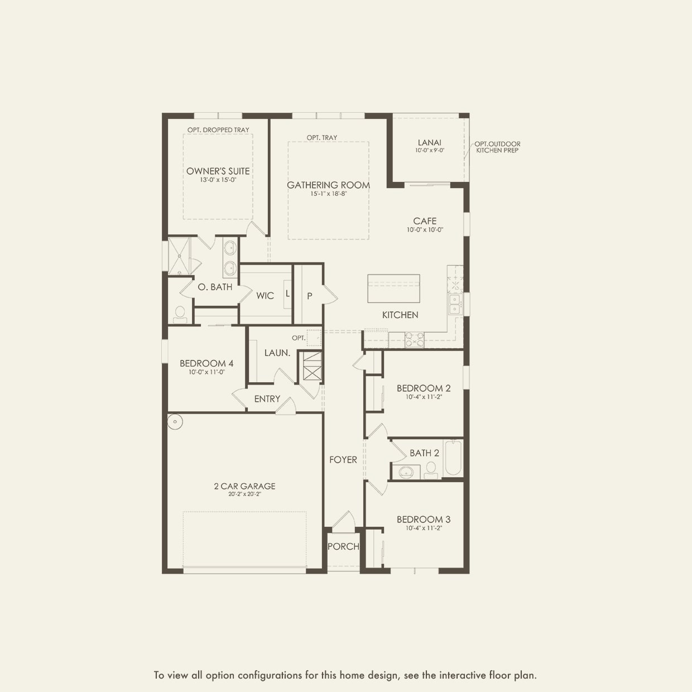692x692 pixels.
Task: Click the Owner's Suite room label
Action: pyautogui.click(x=218, y=171)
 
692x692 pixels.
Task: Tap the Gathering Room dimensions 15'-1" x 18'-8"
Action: pyautogui.click(x=328, y=194)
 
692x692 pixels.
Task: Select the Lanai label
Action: pyautogui.click(x=429, y=143)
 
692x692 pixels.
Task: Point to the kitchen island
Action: pyautogui.click(x=393, y=289)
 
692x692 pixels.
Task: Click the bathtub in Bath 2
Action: pyautogui.click(x=453, y=458)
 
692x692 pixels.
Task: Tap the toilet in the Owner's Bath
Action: pyautogui.click(x=180, y=314)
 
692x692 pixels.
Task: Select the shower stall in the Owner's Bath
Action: pyautogui.click(x=179, y=256)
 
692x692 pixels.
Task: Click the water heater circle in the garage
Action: pyautogui.click(x=175, y=421)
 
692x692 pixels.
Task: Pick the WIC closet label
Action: pyautogui.click(x=265, y=296)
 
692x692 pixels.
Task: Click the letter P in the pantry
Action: pyautogui.click(x=309, y=296)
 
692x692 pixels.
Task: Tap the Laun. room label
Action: pyautogui.click(x=277, y=353)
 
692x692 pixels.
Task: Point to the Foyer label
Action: pyautogui.click(x=343, y=460)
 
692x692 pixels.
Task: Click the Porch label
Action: pyautogui.click(x=343, y=547)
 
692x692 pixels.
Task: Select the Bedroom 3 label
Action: pyautogui.click(x=424, y=520)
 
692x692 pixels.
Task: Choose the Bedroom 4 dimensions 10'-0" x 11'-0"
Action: pyautogui.click(x=206, y=372)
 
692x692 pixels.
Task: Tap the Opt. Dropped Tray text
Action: pyautogui.click(x=218, y=130)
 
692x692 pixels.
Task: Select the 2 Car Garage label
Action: pyautogui.click(x=244, y=486)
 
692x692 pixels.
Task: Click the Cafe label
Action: pyautogui.click(x=425, y=221)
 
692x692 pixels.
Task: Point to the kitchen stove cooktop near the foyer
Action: pyautogui.click(x=414, y=339)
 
